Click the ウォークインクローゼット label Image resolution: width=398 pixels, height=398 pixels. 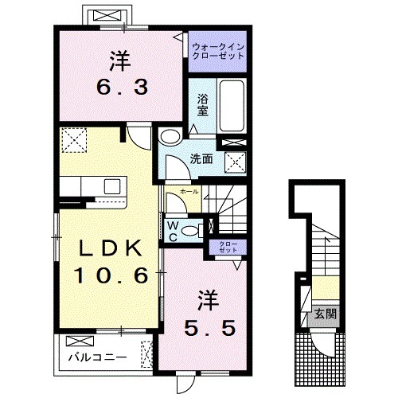[x=218, y=52]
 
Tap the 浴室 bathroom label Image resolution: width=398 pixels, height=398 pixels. [x=203, y=105]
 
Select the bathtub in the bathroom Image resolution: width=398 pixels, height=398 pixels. [x=232, y=105]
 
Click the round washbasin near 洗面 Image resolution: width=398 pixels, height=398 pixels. [x=170, y=137]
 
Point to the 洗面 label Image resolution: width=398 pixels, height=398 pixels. [x=201, y=159]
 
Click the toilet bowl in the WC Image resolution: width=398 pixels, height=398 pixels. [x=190, y=230]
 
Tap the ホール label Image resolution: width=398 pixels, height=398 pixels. [x=189, y=192]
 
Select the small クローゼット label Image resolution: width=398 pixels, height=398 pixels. [x=228, y=247]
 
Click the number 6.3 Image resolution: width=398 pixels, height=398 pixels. [x=123, y=87]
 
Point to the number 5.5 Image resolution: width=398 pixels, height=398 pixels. [x=209, y=327]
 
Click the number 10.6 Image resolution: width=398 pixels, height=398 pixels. [x=111, y=275]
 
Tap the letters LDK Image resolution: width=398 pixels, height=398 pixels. [x=110, y=248]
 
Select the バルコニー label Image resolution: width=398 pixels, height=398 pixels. [x=98, y=357]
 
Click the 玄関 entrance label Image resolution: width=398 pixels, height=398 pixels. [x=326, y=314]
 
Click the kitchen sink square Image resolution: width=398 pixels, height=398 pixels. [x=112, y=186]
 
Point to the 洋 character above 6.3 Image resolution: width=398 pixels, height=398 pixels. [x=120, y=61]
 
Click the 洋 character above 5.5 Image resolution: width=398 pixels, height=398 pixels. [x=208, y=301]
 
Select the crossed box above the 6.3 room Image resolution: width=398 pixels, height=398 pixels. [x=108, y=16]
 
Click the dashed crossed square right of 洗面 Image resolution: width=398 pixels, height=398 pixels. [x=236, y=162]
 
